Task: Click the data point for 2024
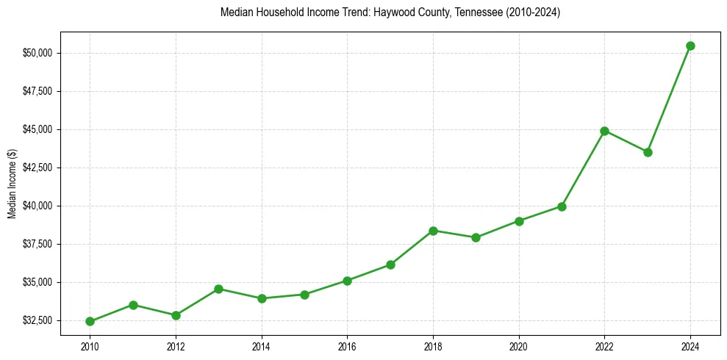click(x=690, y=46)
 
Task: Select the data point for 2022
click(x=604, y=131)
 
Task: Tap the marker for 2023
click(x=648, y=152)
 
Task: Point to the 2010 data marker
click(x=90, y=321)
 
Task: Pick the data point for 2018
click(x=433, y=231)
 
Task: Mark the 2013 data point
click(x=218, y=289)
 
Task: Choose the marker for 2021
click(x=562, y=206)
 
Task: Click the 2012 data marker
click(x=176, y=315)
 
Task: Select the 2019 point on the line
click(x=476, y=237)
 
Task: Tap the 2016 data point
click(x=347, y=281)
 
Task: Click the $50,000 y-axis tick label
click(x=37, y=53)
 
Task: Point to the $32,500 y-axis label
click(x=37, y=320)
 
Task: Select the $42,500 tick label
click(x=37, y=168)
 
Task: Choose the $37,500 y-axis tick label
click(x=37, y=244)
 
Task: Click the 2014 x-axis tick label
click(x=261, y=345)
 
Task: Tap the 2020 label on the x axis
click(x=519, y=345)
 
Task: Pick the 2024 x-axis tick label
click(x=690, y=345)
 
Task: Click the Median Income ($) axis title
click(x=12, y=184)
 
